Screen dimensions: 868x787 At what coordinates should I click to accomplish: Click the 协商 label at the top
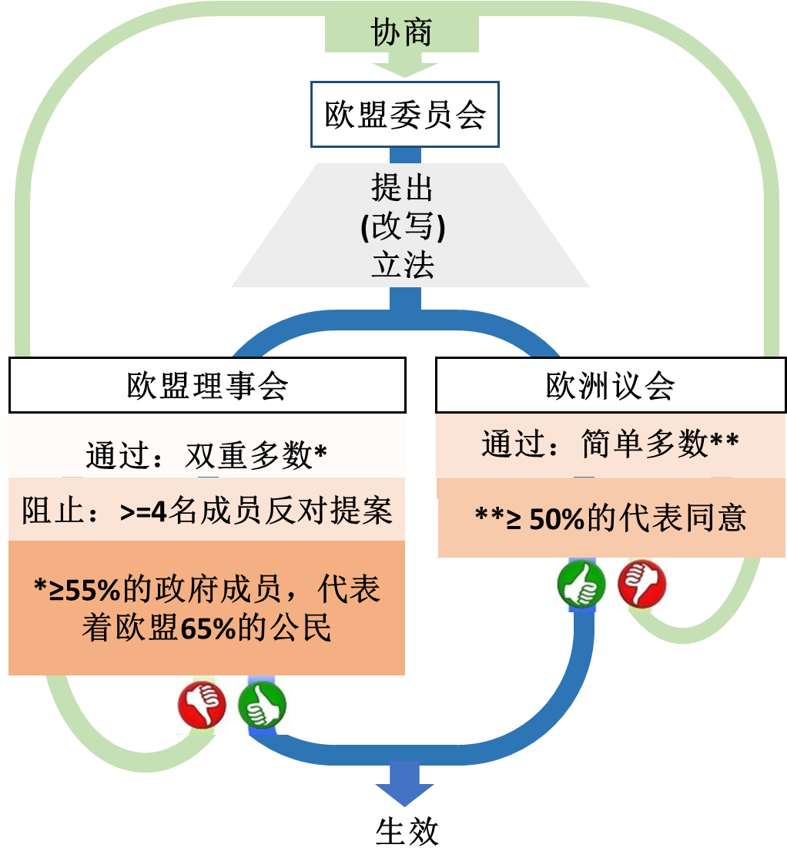401,33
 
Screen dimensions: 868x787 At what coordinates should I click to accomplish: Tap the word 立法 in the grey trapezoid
403,264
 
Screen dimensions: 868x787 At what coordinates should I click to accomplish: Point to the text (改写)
403,227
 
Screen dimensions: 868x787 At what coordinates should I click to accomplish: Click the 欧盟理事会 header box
207,385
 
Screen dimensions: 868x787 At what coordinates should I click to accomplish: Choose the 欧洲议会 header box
610,385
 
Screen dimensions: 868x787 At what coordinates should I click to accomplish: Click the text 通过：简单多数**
610,444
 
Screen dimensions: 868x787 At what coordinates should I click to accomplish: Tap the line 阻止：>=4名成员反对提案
206,511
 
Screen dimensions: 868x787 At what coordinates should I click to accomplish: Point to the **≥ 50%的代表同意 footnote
610,518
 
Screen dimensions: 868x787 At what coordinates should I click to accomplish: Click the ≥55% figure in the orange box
75,591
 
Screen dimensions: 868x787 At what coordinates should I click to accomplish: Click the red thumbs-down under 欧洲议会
641,584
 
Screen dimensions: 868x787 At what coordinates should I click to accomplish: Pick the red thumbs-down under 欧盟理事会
202,703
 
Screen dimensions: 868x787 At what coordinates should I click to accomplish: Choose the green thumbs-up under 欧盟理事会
262,705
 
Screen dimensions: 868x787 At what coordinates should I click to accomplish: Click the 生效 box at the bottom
407,831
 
